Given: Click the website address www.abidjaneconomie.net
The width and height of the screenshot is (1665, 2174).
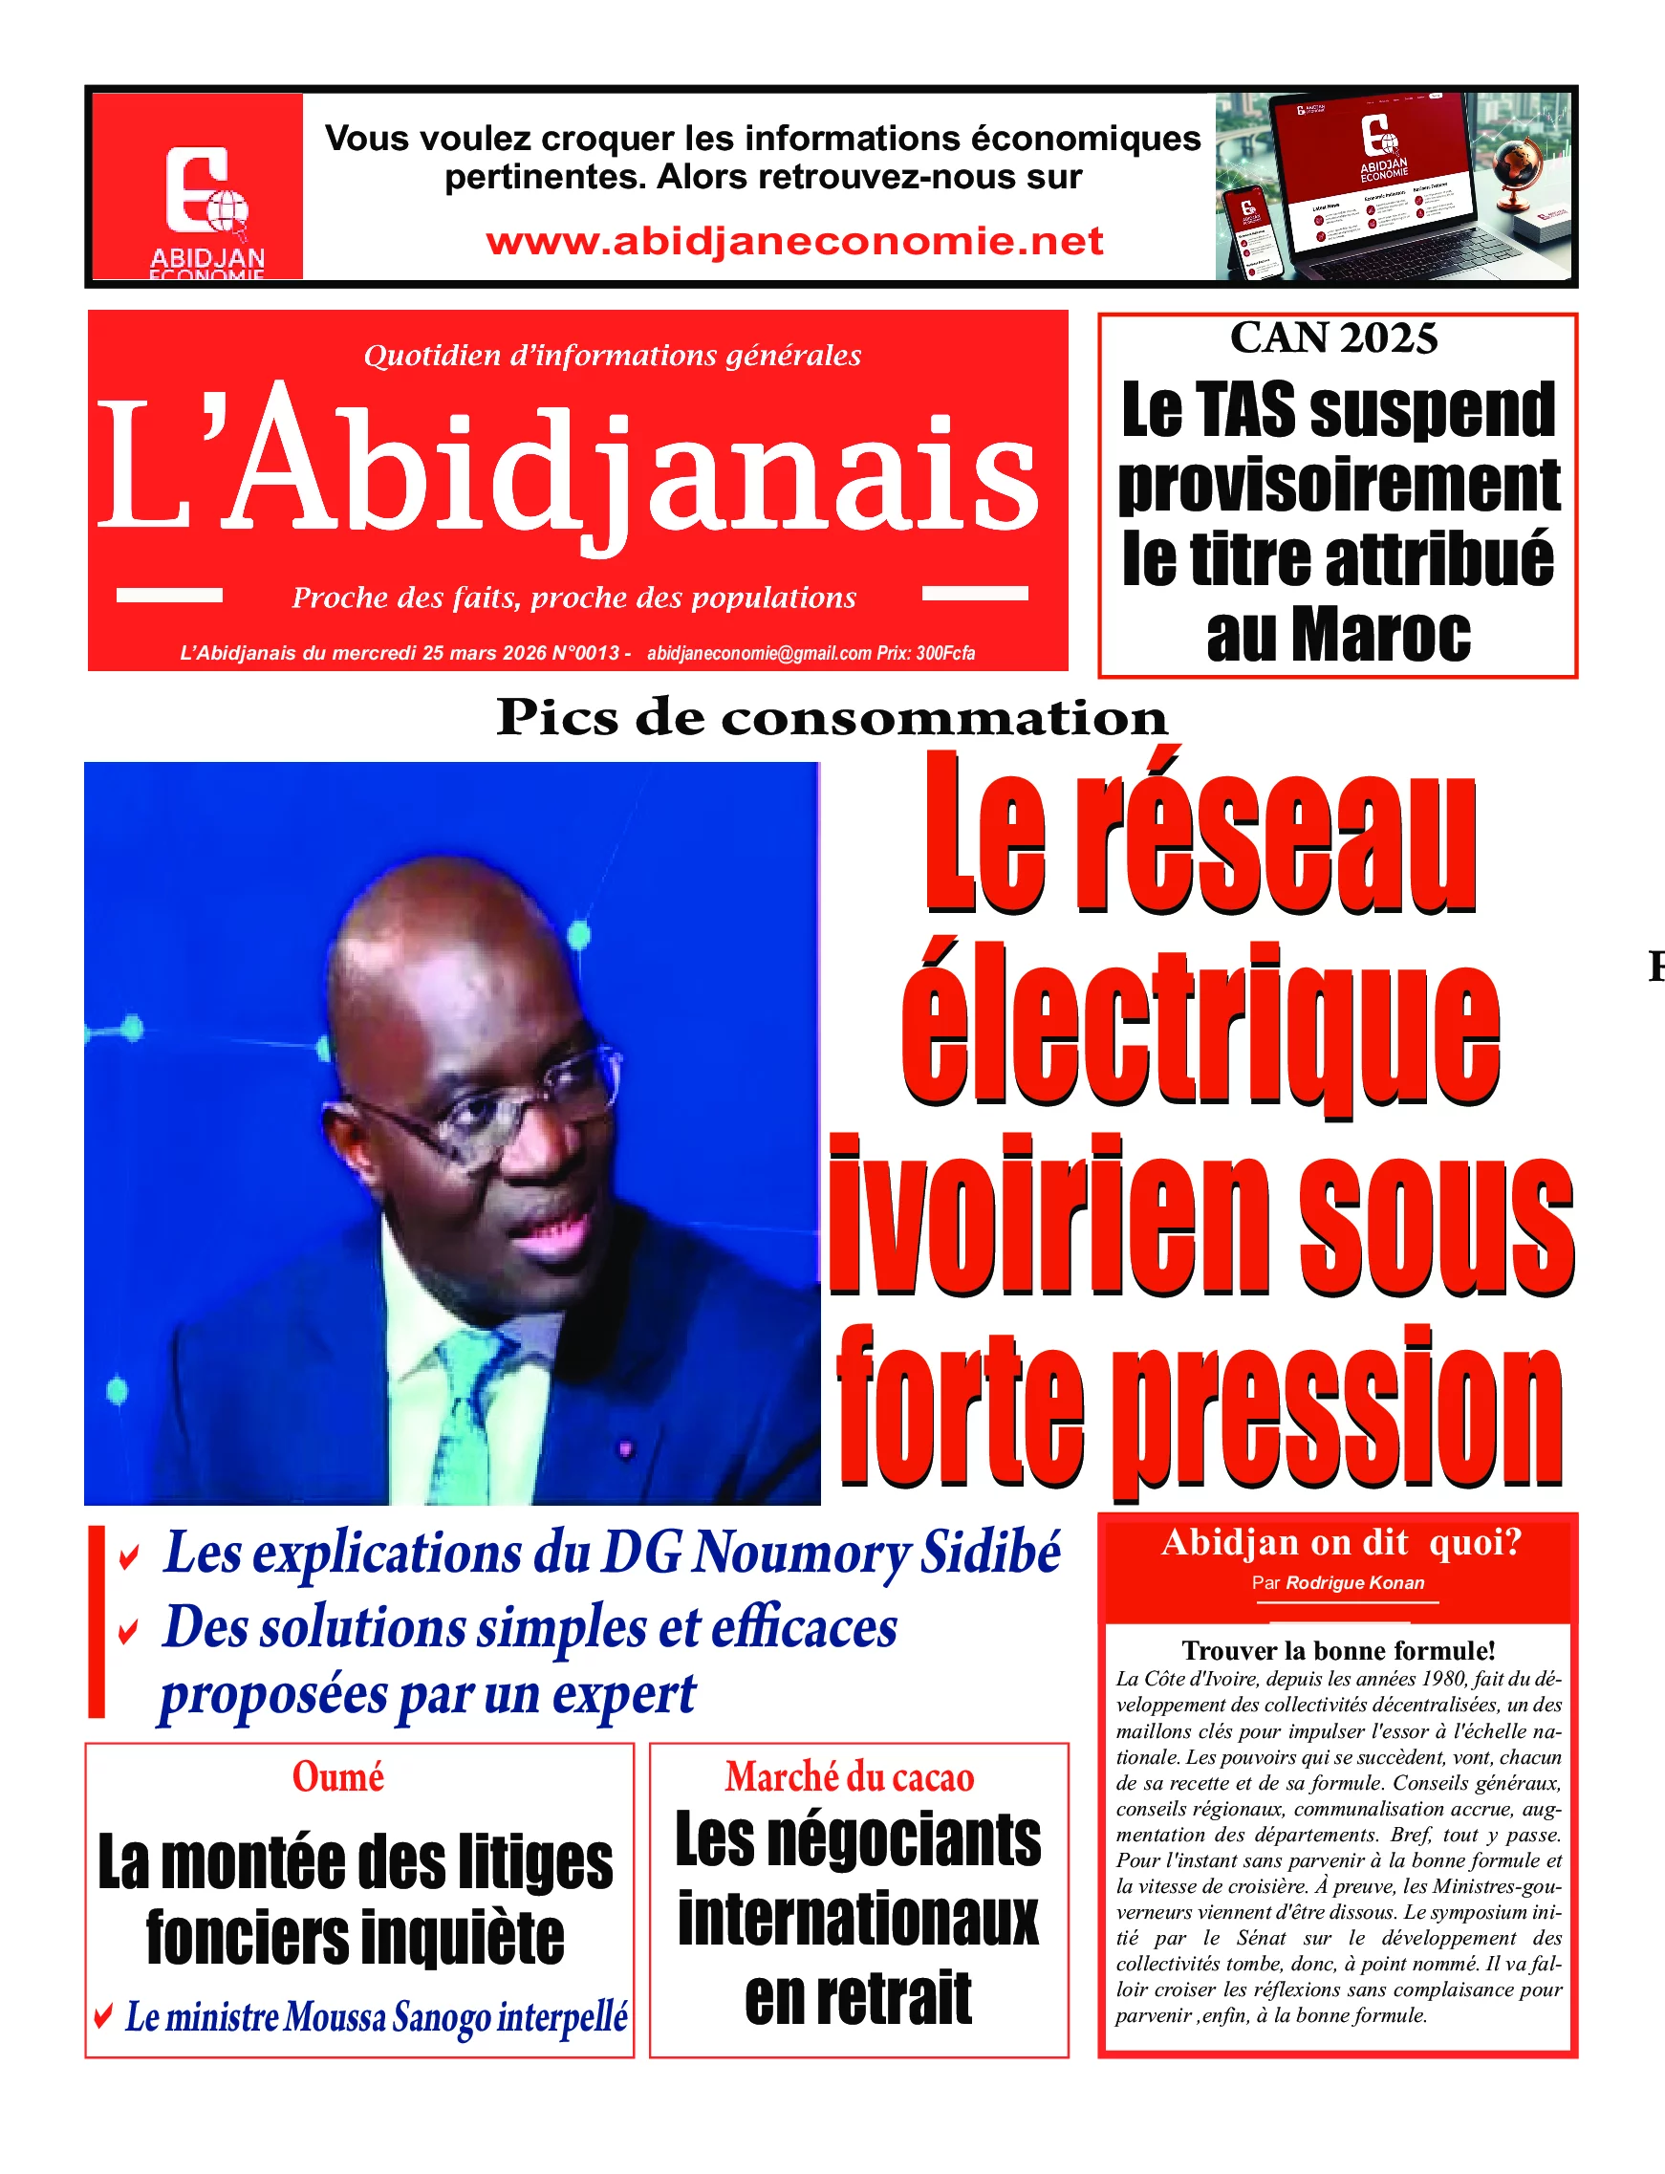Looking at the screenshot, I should (794, 241).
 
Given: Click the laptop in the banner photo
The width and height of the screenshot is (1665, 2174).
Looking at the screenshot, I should (1388, 188).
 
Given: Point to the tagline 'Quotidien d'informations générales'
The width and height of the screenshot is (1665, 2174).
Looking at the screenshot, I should (613, 355).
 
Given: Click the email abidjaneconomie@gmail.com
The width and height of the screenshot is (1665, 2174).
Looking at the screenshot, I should (758, 653).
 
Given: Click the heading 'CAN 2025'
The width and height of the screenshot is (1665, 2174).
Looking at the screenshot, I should (1333, 338).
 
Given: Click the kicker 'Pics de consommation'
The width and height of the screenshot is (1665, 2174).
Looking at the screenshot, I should (832, 718).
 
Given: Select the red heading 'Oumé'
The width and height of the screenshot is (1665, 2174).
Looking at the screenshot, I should (338, 1777).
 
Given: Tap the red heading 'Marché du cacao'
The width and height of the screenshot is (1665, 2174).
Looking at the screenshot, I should (850, 1777).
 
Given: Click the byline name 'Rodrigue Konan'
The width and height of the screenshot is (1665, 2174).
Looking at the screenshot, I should (1354, 1582).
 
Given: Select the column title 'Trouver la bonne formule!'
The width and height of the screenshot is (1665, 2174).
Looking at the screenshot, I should (1338, 1650).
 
